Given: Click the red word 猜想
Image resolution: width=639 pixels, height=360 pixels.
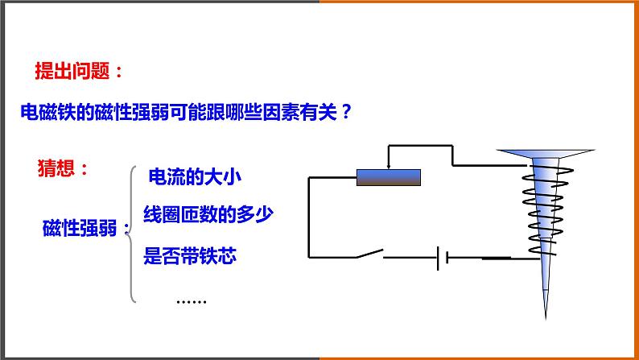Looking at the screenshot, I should [x=58, y=168].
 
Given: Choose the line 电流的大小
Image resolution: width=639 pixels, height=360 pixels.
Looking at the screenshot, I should [x=196, y=176].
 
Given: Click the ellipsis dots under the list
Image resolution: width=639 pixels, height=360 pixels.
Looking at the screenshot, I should [x=191, y=300].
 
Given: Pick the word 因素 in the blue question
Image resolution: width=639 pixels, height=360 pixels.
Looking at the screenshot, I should [x=278, y=113].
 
